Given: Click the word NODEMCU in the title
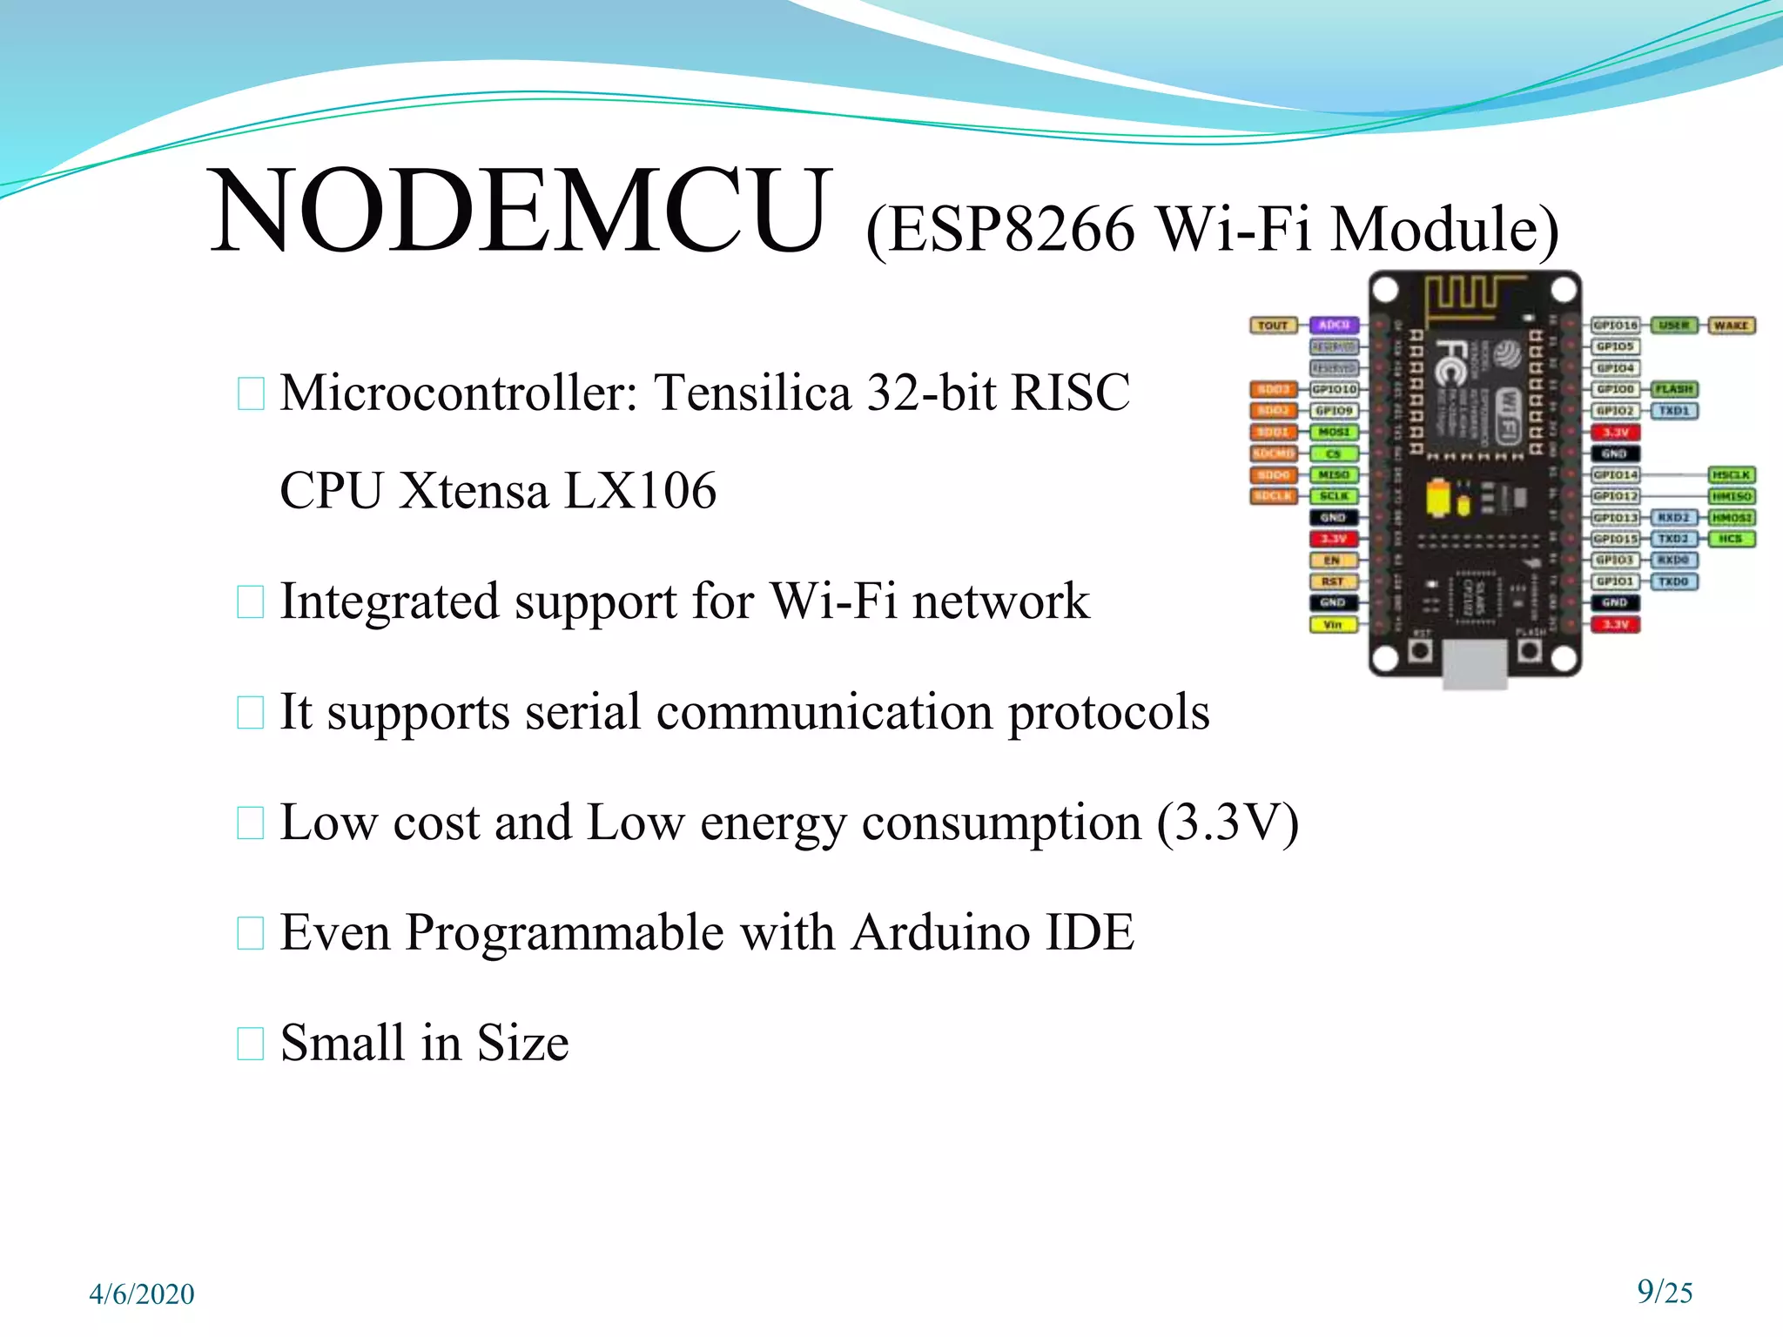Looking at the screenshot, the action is coord(519,212).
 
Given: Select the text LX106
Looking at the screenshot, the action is coord(640,491).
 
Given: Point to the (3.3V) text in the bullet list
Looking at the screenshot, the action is coord(1228,823).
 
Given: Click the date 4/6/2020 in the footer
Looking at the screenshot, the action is coord(142,1294).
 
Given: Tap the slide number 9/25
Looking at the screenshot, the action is coord(1665,1292).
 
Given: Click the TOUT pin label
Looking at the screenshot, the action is coord(1273,326).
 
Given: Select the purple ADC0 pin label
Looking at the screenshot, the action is coord(1334,326).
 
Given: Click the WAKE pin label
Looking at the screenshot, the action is coord(1731,326).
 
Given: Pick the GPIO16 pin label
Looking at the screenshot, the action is coord(1615,326).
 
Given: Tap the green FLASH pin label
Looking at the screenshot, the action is coord(1674,389).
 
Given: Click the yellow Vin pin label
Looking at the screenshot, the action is coord(1333,624).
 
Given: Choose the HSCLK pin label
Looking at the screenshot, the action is coord(1731,475).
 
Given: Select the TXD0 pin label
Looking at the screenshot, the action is coord(1673,581).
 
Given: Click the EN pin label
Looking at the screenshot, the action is coord(1333,561).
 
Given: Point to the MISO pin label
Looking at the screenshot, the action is coord(1334,475).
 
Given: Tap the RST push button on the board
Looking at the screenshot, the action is coord(1421,649).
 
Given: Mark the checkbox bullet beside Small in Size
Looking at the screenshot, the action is coord(251,1044).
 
